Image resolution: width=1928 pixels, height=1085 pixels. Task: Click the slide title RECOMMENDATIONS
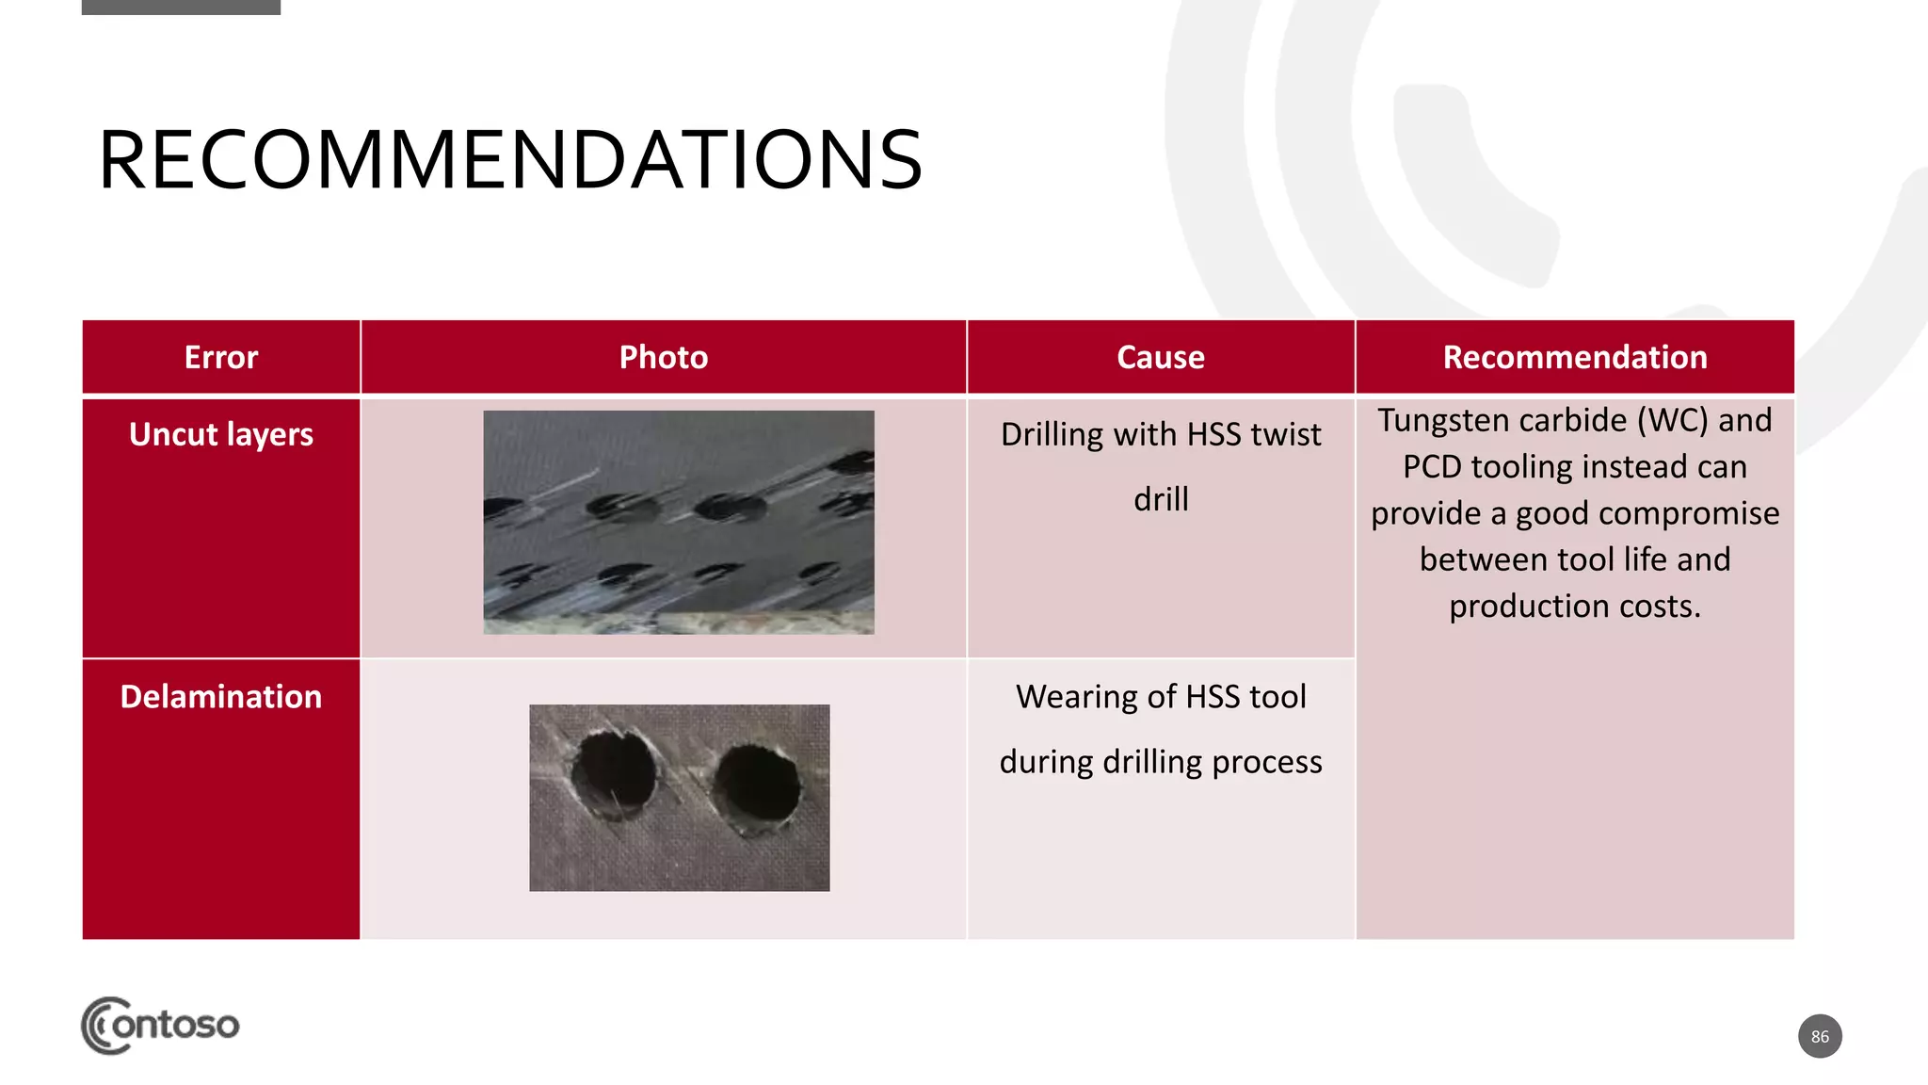(x=510, y=160)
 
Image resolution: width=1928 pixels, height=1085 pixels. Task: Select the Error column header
(x=220, y=358)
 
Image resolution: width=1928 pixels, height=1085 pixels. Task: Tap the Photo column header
(x=663, y=358)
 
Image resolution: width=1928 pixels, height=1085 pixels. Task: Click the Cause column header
(x=1160, y=358)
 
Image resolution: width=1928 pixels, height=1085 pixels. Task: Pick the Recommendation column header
(x=1574, y=358)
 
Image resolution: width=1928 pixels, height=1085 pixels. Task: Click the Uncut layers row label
(x=220, y=434)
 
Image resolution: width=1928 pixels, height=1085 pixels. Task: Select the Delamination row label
(x=220, y=697)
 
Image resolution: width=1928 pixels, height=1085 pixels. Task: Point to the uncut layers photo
(x=678, y=522)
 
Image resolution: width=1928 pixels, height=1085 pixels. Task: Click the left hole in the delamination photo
(x=614, y=775)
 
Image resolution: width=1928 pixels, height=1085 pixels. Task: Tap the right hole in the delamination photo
(x=756, y=783)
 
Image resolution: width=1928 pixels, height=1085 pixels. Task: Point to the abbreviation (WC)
(x=1672, y=421)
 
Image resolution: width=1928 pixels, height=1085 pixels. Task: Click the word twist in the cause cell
(x=1286, y=435)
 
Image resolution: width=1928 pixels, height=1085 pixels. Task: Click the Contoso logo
(x=160, y=1025)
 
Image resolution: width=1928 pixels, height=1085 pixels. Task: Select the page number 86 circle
(x=1819, y=1036)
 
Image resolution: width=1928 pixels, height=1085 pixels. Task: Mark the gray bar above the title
(x=181, y=7)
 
